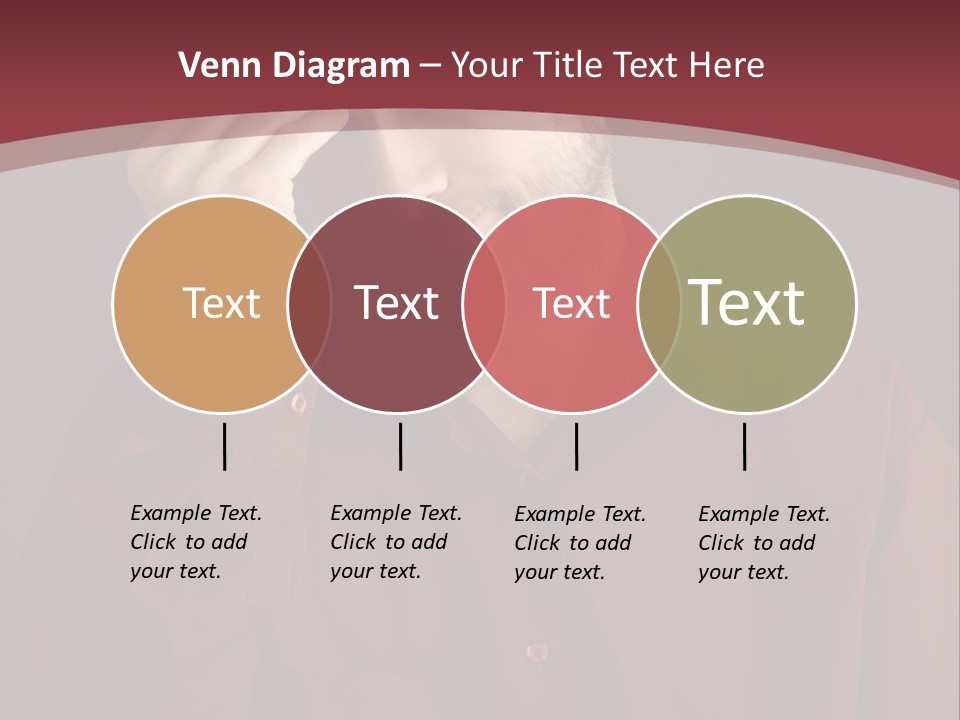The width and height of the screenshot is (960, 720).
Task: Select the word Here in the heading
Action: coord(726,66)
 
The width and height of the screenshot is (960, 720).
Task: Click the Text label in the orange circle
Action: coord(221,303)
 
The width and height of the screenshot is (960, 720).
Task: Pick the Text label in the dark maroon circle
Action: coord(396,303)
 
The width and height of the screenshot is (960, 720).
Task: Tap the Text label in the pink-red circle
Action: coord(571,303)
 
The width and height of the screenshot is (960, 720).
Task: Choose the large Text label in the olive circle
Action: coord(746,303)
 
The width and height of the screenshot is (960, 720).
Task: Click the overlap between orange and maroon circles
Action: coord(309,303)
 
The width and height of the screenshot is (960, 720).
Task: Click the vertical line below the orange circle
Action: coord(224,446)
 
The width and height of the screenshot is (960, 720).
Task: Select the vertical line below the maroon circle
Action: coord(400,446)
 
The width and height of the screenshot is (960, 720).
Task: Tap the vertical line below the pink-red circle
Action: coord(576,446)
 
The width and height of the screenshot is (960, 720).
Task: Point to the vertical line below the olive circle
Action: coord(744,446)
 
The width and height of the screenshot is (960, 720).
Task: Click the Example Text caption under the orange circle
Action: coord(196,542)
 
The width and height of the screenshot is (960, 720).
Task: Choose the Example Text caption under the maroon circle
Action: coord(396,542)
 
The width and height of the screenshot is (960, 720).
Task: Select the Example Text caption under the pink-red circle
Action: coord(580,543)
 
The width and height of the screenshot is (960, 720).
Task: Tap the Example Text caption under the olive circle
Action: coord(764,543)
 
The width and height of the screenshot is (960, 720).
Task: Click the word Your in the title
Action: coord(486,66)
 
